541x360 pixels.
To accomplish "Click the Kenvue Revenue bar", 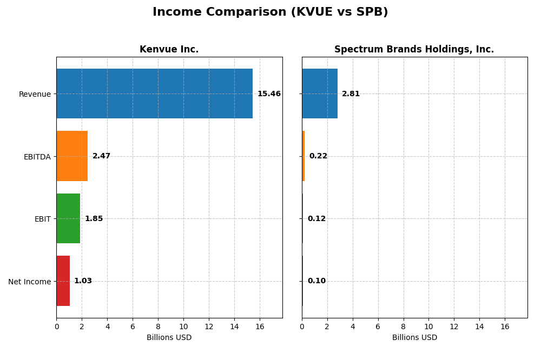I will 154,94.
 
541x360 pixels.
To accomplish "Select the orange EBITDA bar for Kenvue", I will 72,156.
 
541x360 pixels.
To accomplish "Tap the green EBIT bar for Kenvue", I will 68,218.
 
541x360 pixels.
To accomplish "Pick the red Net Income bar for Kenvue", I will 63,281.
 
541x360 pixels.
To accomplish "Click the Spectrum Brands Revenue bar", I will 320,94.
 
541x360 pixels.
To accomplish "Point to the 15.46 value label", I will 269,94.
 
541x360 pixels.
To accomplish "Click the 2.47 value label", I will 101,156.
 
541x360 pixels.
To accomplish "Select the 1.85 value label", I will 94,219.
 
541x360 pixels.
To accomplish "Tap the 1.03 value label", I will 83,281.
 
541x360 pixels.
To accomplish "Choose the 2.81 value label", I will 351,94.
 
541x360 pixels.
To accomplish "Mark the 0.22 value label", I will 318,156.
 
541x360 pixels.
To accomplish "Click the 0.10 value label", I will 316,281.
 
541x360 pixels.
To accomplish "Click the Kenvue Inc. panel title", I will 169,50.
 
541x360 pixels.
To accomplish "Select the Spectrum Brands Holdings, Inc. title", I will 414,50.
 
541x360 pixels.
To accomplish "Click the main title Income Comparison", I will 270,12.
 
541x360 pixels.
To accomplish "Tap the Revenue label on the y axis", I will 35,95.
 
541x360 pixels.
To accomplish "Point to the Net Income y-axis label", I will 29,282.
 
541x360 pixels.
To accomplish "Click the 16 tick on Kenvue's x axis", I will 260,326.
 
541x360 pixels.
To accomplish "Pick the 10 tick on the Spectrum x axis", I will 428,326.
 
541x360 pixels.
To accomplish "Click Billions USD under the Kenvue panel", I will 169,338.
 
